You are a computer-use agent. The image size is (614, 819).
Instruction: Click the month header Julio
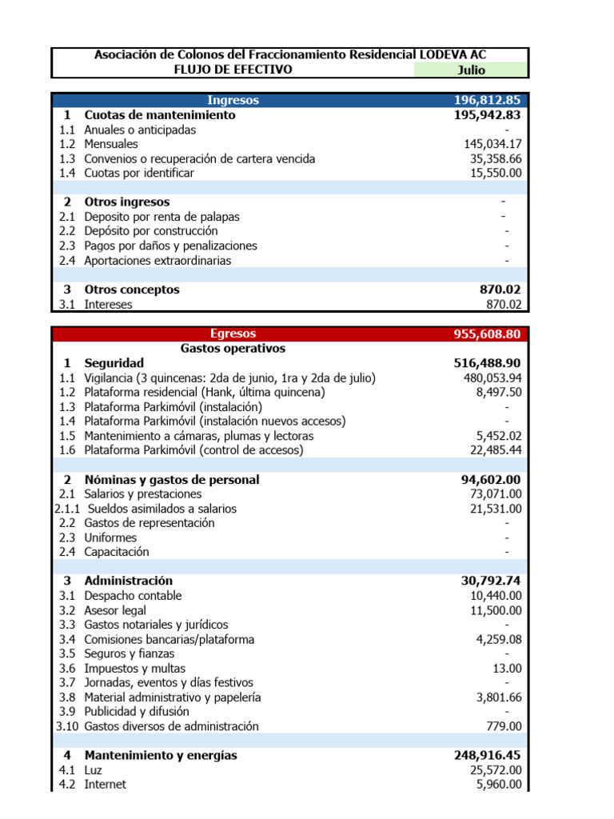471,70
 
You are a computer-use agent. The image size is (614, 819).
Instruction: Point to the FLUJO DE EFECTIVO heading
233,70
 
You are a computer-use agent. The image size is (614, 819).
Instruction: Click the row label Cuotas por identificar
139,173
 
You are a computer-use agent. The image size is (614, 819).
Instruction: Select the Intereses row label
109,304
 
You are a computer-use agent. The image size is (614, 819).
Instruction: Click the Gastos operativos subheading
233,349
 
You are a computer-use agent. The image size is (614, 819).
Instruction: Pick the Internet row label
105,785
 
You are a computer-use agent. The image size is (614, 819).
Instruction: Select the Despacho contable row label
133,596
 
